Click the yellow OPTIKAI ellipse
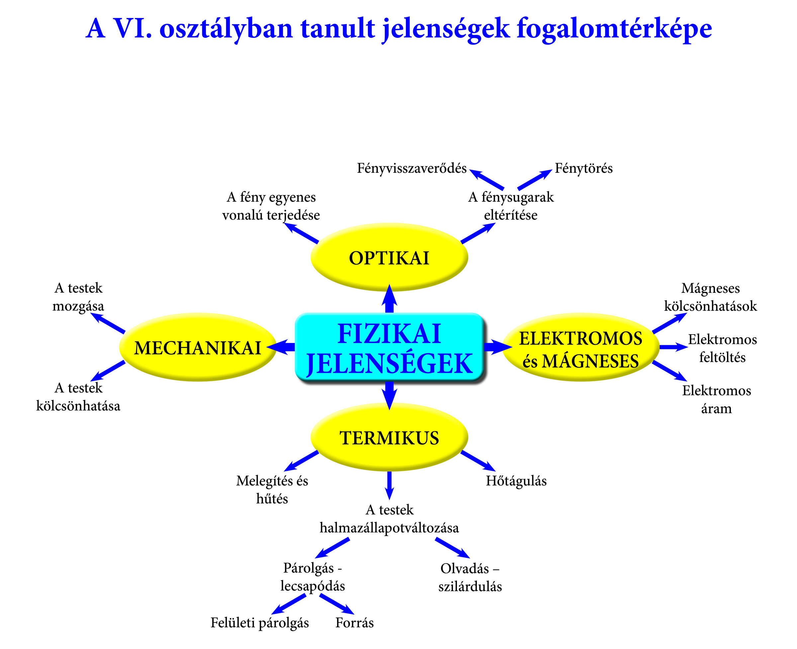click(389, 258)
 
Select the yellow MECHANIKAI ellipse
click(197, 347)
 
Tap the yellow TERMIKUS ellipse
click(389, 437)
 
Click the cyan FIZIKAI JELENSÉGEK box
click(389, 348)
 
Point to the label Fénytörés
click(583, 168)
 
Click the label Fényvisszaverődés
click(411, 168)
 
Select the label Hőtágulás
click(516, 481)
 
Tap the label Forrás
click(354, 623)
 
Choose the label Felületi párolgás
click(260, 623)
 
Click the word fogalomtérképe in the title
click(614, 29)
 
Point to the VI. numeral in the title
click(132, 29)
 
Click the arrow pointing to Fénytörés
click(534, 180)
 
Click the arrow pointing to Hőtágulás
click(478, 461)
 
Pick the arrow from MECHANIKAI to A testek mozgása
click(108, 323)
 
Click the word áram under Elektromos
click(716, 409)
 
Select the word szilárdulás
click(470, 587)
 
